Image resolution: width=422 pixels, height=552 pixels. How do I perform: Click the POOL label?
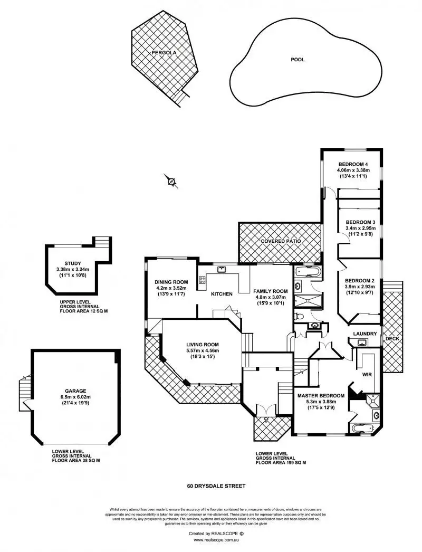pyautogui.click(x=298, y=60)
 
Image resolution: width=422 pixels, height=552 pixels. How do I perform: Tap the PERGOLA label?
pyautogui.click(x=164, y=53)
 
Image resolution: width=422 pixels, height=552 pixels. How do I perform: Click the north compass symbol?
pyautogui.click(x=171, y=181)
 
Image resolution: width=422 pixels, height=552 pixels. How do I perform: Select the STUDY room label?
pyautogui.click(x=73, y=263)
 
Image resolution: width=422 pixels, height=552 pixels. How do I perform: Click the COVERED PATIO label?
pyautogui.click(x=280, y=241)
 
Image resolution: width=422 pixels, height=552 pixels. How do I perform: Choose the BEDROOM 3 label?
pyautogui.click(x=358, y=222)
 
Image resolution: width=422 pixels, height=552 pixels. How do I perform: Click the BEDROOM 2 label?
pyautogui.click(x=359, y=280)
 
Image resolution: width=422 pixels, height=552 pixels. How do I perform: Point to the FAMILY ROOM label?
pyautogui.click(x=270, y=291)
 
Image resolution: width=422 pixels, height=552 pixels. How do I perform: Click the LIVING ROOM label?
pyautogui.click(x=203, y=345)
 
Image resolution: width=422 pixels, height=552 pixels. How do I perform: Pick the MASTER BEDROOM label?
pyautogui.click(x=321, y=395)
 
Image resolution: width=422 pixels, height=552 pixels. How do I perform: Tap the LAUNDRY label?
pyautogui.click(x=365, y=334)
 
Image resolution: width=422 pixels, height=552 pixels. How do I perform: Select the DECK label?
pyautogui.click(x=392, y=338)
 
